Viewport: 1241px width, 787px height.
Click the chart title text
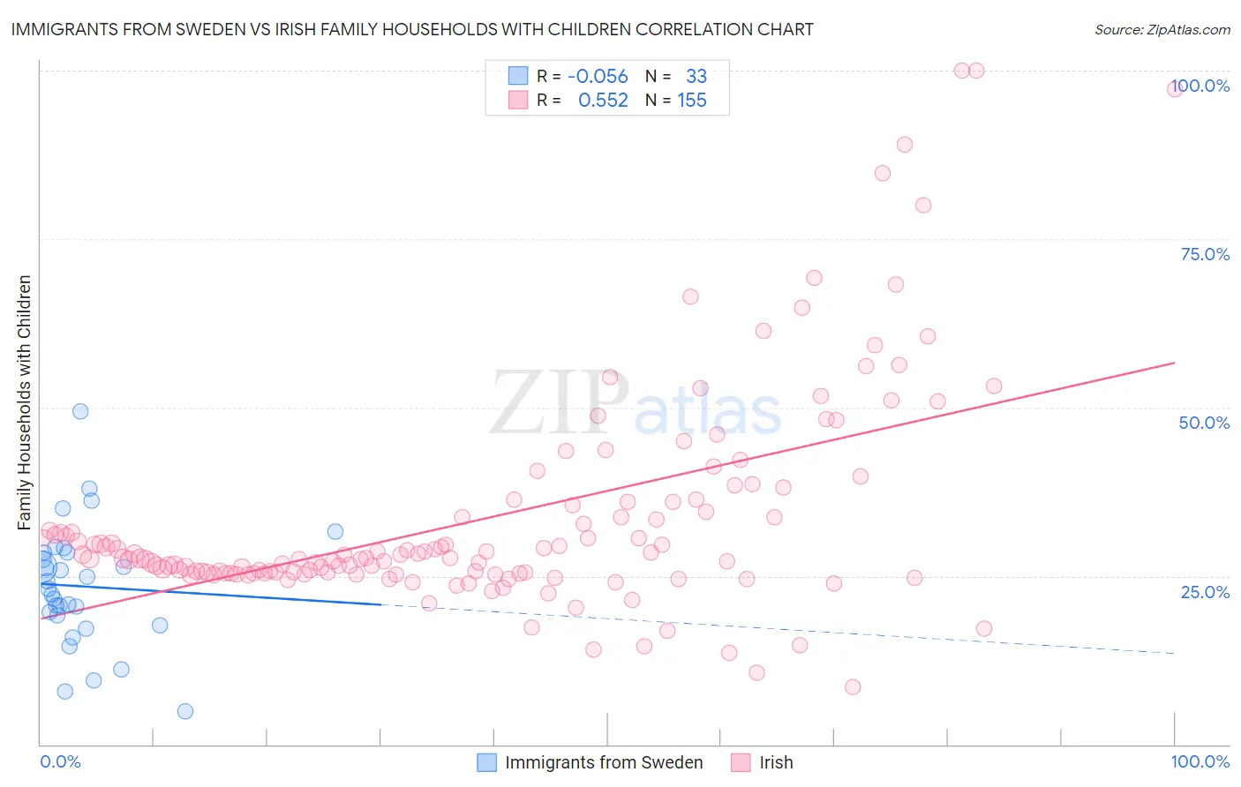click(412, 29)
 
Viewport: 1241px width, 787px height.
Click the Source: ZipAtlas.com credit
click(1162, 29)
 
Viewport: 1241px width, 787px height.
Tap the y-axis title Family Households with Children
click(24, 402)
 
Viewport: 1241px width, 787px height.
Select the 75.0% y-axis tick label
click(1205, 254)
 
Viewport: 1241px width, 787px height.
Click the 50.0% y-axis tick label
click(1204, 423)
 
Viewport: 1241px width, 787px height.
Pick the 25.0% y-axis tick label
click(1205, 591)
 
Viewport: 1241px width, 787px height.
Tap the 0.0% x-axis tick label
click(60, 761)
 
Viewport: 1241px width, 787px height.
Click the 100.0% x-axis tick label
click(1200, 761)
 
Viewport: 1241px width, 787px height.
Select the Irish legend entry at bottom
click(776, 762)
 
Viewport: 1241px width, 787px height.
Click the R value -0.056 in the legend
click(598, 77)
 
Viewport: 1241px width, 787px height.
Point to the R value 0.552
click(603, 101)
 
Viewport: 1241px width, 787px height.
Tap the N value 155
click(692, 101)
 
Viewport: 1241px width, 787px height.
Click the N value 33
click(696, 77)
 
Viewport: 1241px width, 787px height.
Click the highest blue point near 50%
click(80, 411)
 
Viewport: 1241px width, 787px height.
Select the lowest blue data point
click(185, 711)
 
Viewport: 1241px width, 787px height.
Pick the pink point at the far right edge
click(1175, 88)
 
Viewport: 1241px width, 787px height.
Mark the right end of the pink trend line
click(1174, 363)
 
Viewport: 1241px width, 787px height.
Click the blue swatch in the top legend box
click(518, 77)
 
